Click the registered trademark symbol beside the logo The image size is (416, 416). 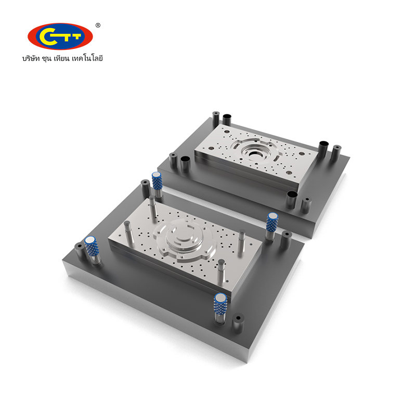click(98, 25)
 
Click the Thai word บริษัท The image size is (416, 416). click(31, 58)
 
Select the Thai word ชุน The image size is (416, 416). click(46, 59)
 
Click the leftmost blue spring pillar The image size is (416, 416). click(92, 250)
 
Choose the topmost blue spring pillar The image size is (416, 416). click(157, 184)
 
